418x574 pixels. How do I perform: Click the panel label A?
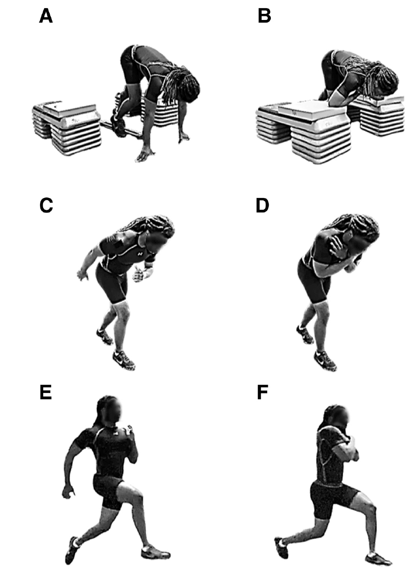tap(46, 16)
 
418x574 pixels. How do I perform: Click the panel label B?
tap(264, 16)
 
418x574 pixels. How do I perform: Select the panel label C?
tap(46, 205)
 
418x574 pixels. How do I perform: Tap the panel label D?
tap(262, 205)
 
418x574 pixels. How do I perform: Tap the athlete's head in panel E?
tap(109, 410)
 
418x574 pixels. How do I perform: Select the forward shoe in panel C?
tap(124, 360)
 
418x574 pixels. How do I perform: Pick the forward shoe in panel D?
tap(325, 361)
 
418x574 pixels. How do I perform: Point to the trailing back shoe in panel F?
tap(282, 548)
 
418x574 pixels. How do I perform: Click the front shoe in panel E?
tap(155, 551)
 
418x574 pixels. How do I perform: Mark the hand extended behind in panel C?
tap(82, 274)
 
